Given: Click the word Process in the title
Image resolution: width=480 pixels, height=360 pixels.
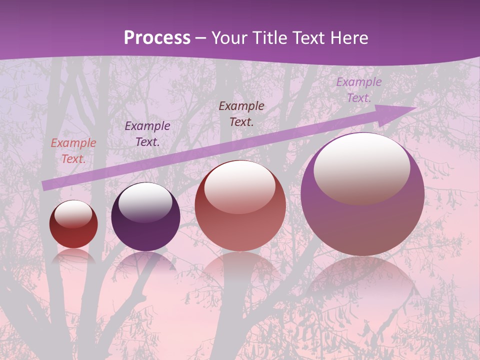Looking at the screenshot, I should click(157, 38).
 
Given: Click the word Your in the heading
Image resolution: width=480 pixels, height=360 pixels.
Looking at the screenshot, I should click(229, 38).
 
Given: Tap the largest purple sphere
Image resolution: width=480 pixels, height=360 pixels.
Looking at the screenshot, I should click(362, 220).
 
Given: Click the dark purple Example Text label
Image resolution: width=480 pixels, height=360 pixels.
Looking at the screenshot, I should click(147, 134).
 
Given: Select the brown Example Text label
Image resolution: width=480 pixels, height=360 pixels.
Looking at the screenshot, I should click(241, 114).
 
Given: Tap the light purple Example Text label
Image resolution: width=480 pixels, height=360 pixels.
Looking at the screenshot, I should click(358, 90).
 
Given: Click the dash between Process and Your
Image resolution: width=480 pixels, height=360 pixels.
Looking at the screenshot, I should click(201, 38).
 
